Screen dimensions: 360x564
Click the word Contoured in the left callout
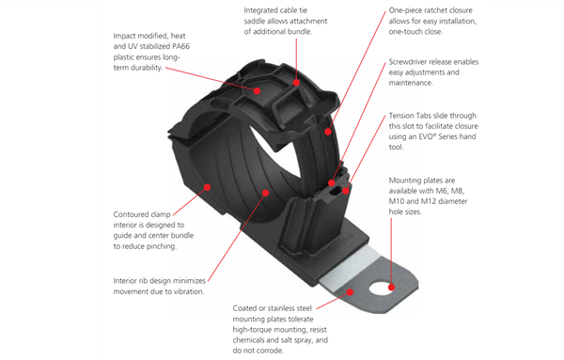pos(135,213)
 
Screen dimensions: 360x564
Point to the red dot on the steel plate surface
pos(352,292)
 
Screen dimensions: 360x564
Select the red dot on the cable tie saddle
pos(297,82)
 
